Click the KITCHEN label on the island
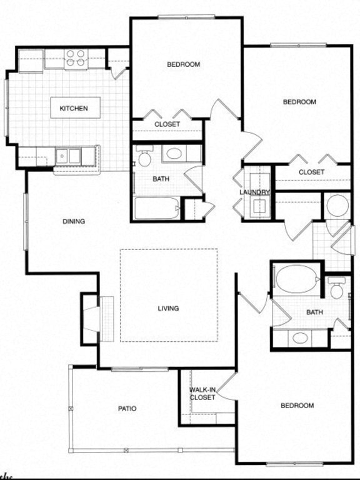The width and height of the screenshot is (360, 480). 74,108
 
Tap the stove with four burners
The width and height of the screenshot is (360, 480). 76,58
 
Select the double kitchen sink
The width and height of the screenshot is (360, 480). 70,155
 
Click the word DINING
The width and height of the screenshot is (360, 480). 74,221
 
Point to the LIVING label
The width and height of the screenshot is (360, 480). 169,308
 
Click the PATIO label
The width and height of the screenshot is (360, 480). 127,409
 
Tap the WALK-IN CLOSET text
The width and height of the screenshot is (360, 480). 202,394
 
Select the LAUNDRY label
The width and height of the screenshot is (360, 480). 254,192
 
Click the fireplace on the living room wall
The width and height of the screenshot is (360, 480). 91,319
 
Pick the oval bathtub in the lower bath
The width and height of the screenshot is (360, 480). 296,279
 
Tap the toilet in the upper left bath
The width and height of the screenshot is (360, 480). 145,157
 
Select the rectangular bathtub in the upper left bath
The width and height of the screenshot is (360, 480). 156,208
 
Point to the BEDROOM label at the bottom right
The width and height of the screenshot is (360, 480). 297,406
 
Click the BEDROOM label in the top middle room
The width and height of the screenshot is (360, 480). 183,64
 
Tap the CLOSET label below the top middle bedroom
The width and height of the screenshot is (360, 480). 167,124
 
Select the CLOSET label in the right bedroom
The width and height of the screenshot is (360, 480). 311,172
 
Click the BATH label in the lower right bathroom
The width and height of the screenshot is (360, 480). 314,312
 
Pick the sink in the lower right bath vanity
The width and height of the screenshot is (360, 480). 300,337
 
